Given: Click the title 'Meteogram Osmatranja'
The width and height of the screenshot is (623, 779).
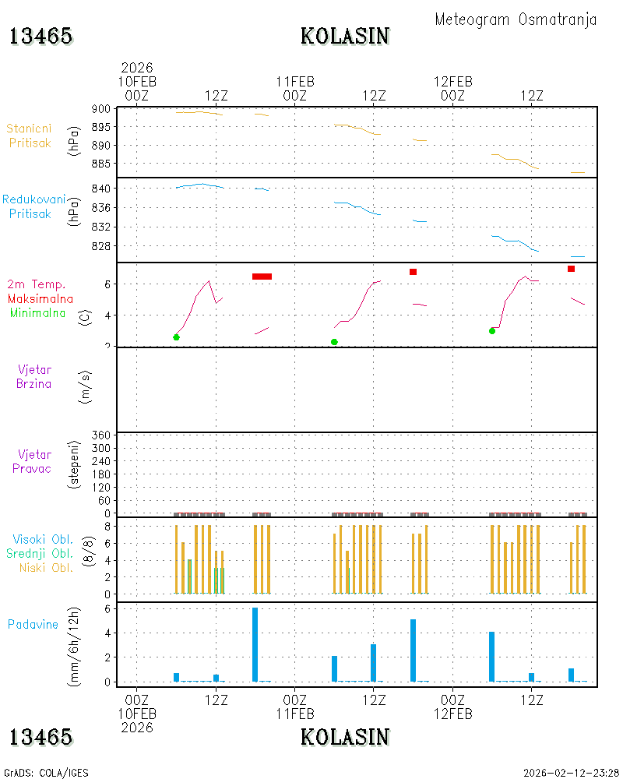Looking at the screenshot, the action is (x=516, y=20).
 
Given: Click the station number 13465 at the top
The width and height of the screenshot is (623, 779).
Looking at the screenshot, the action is (x=40, y=37).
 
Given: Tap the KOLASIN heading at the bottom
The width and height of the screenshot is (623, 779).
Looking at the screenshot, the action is (x=345, y=737).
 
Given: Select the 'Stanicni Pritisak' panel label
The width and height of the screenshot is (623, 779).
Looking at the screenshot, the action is (x=30, y=136).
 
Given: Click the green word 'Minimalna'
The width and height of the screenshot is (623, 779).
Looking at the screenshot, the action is (x=37, y=313).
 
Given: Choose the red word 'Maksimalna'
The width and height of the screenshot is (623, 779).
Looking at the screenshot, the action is (x=40, y=299).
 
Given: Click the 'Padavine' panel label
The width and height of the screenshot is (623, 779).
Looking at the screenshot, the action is (x=33, y=625).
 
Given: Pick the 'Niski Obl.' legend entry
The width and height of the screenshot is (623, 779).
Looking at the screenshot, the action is (x=46, y=568).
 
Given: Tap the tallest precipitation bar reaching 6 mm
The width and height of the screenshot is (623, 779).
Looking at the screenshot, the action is (x=255, y=644).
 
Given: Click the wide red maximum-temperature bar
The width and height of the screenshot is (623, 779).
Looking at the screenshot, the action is (x=262, y=277).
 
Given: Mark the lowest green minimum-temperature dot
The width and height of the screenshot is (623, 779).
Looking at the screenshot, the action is (x=334, y=342).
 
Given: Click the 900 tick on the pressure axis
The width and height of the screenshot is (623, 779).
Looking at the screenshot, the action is (x=101, y=109).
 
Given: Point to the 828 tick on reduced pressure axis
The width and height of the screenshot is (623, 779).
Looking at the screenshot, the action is (x=101, y=246).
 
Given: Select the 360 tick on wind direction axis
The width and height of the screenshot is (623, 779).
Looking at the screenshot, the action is (x=101, y=435).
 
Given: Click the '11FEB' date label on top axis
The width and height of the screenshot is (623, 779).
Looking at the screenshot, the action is (x=295, y=82).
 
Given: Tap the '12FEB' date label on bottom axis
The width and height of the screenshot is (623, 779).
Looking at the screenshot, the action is (x=452, y=714).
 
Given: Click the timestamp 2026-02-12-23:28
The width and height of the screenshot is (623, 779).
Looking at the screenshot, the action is (x=571, y=773).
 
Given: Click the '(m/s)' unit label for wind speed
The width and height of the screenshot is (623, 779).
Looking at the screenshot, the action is (x=86, y=387).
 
